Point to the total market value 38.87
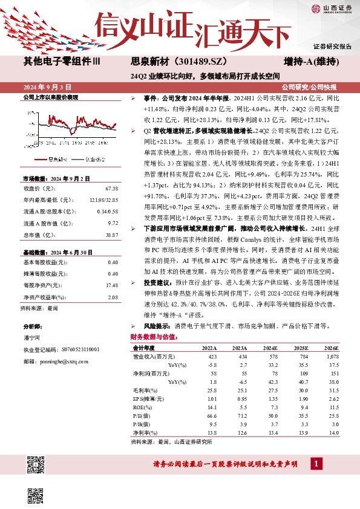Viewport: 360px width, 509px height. tap(111, 233)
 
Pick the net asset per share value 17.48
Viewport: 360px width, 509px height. tap(111, 268)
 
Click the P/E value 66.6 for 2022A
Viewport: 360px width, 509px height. tap(210, 417)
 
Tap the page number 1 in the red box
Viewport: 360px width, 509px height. tap(315, 464)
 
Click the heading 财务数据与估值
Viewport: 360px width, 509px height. tap(153, 337)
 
